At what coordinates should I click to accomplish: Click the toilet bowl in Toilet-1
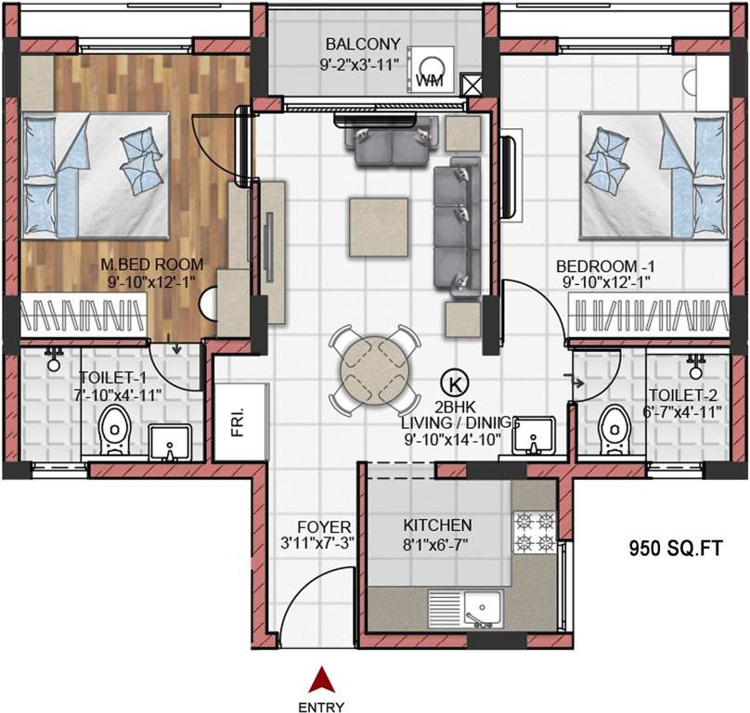pyautogui.click(x=111, y=430)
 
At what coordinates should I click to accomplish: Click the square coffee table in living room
pyautogui.click(x=379, y=226)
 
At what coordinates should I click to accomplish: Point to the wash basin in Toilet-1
pyautogui.click(x=170, y=444)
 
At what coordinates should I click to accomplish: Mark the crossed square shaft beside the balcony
pyautogui.click(x=472, y=85)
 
